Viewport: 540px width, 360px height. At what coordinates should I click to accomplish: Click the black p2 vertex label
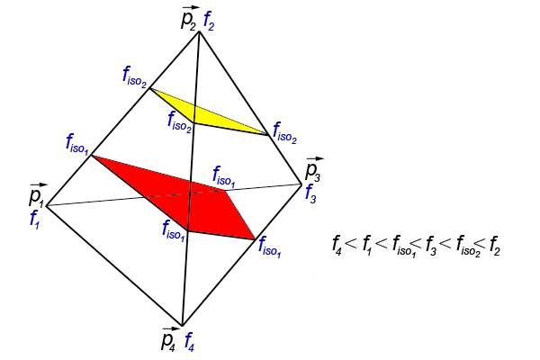coord(189,19)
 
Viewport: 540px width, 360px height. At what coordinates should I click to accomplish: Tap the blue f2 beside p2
coord(209,21)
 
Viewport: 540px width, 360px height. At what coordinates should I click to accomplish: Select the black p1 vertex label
coord(37,195)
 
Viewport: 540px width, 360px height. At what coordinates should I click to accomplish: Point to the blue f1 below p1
coord(35,219)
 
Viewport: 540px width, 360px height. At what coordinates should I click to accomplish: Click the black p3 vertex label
coord(314,169)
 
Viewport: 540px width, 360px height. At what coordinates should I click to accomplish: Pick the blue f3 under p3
coord(310,193)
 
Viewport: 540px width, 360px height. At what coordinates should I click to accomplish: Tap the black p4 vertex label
coord(170,338)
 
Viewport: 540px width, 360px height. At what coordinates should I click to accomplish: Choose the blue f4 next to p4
coord(190,341)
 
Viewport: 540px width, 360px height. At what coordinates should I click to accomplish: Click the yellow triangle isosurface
coord(206,113)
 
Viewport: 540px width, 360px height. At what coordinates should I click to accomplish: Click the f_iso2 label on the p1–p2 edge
coord(135,77)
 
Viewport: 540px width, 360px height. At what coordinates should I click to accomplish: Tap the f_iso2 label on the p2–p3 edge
coord(284,132)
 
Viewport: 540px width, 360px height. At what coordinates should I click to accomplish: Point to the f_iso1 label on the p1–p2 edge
coord(77,144)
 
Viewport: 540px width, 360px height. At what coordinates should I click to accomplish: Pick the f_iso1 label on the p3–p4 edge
coord(270,247)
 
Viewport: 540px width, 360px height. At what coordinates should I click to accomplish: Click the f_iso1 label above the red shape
coord(224,176)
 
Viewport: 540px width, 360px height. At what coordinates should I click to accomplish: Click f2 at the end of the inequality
coord(494,245)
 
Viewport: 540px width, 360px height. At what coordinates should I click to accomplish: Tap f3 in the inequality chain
coord(430,246)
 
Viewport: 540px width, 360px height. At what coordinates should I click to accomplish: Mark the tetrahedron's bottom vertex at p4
coord(182,326)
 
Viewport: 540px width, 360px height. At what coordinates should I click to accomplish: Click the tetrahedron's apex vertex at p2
coord(199,31)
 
